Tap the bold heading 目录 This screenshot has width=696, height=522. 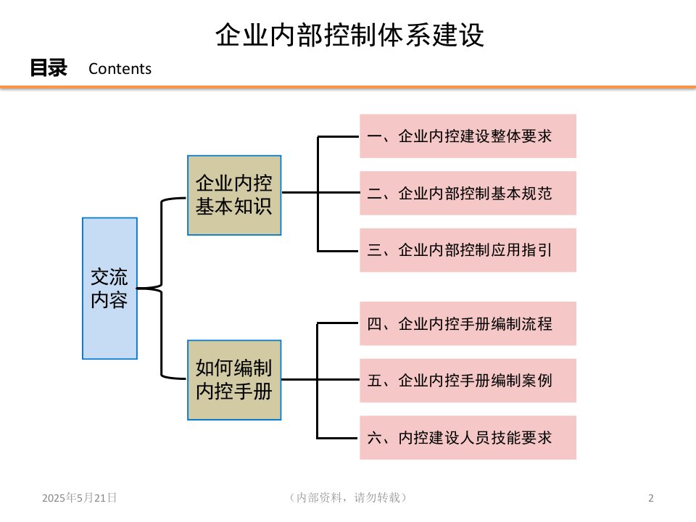point(48,68)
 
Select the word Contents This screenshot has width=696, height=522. point(120,69)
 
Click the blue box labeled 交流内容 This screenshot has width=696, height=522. point(109,288)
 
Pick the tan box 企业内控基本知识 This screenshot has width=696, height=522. point(234,195)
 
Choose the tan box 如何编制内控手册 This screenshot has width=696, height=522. point(234,379)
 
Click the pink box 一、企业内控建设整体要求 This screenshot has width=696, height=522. point(468,136)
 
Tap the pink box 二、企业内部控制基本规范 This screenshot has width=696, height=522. point(468,193)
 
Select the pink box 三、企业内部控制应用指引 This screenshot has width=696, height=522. point(468,250)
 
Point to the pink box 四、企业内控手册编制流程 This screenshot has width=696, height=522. point(468,323)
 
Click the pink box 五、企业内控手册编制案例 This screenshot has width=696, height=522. point(468,380)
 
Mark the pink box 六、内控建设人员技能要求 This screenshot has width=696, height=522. point(468,437)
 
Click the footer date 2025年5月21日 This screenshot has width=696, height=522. point(80,497)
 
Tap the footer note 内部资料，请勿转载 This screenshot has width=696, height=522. point(347,497)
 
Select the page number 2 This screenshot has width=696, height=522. point(650,498)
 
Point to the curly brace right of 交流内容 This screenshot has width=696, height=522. point(162,288)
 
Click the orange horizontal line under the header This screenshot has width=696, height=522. point(348,88)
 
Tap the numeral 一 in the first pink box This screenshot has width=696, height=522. point(374,136)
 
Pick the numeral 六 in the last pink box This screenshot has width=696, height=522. point(374,437)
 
